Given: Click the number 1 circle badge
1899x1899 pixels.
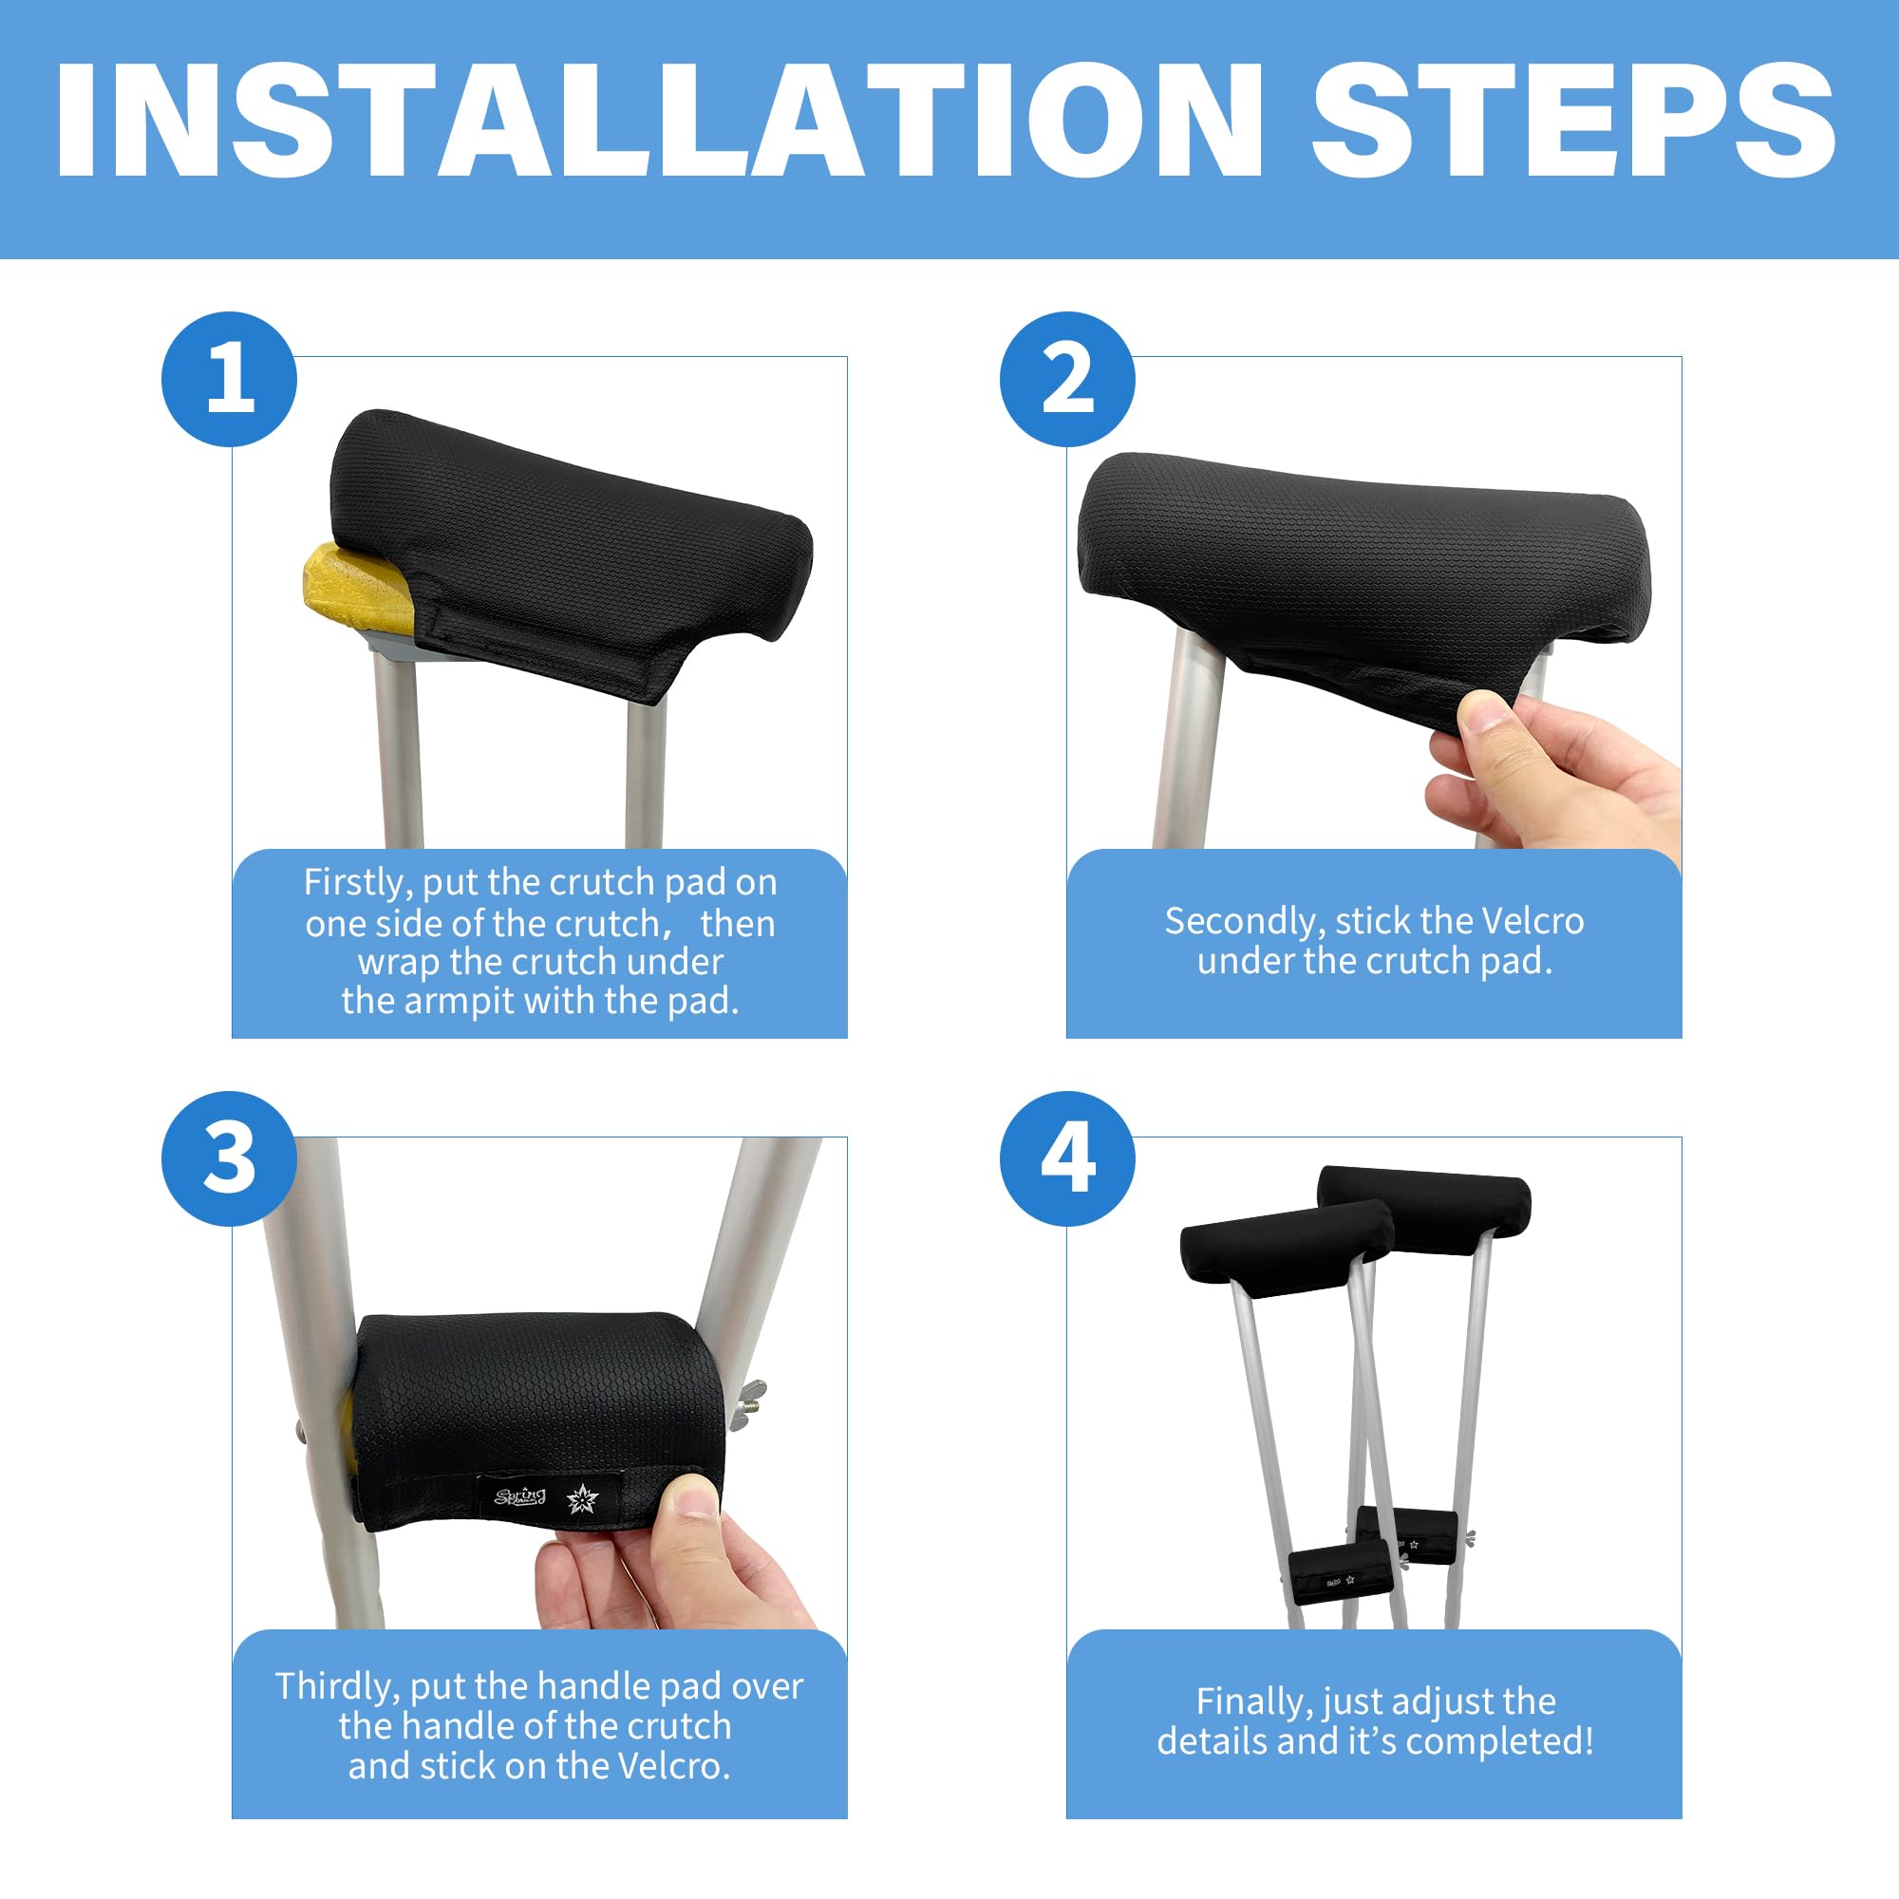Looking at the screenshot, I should [x=229, y=380].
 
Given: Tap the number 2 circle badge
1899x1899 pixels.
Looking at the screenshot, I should [x=1066, y=380].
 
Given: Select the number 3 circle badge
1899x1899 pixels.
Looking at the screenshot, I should [x=229, y=1157].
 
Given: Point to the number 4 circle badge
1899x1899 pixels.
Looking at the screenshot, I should [x=1066, y=1157].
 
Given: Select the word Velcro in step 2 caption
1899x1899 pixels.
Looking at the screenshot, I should [x=1532, y=921].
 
